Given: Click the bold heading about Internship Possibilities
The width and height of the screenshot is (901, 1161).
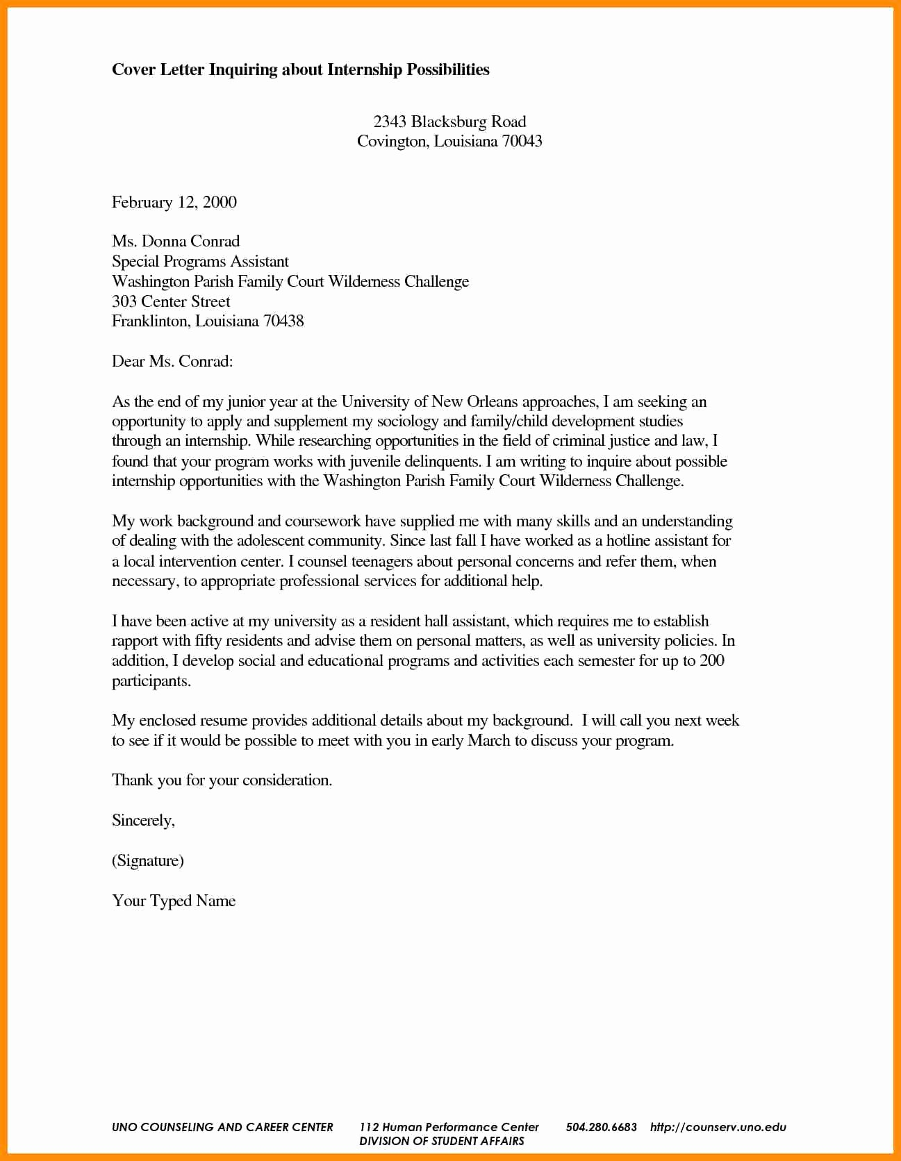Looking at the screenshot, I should coord(300,69).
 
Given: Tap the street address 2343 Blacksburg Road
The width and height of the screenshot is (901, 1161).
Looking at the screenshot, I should coord(449,122).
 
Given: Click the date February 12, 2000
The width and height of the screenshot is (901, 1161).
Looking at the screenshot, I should coord(174,202).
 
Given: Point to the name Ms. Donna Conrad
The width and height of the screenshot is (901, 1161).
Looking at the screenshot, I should coord(176,241).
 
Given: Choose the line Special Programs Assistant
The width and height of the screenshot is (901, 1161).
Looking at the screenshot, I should coord(200,261).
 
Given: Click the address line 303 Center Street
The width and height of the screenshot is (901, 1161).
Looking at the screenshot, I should coord(171,301).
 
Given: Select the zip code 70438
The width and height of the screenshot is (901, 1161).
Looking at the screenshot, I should coord(283,321).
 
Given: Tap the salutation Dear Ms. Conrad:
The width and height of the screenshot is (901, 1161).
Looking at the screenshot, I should coord(172,361).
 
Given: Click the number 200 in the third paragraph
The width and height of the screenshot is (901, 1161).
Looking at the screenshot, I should coord(711,660).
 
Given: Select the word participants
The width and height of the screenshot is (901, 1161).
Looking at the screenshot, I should coord(151,680).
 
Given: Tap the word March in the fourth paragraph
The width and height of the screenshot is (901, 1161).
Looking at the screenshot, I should coord(489,740).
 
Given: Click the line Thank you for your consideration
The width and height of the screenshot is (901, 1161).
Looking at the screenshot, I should coord(222,780).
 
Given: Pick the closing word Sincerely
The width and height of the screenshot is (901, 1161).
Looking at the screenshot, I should coord(143,820).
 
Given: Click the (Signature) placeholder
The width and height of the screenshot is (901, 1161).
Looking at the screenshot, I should coord(148,860).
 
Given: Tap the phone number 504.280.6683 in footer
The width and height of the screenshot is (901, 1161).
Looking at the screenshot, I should coord(601,1127).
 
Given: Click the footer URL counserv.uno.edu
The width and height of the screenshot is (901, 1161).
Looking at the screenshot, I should coord(718,1127).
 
